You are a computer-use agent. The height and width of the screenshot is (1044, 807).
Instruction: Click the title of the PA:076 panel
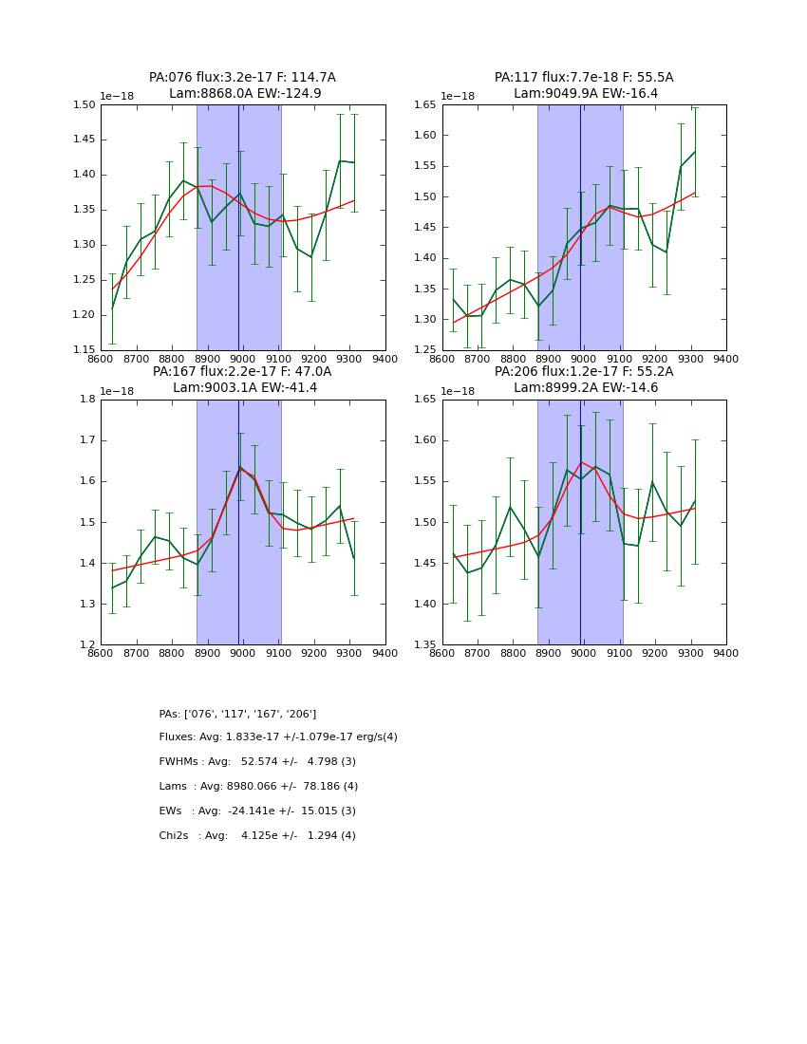[242, 78]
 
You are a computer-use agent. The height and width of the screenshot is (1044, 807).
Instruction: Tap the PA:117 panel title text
[584, 78]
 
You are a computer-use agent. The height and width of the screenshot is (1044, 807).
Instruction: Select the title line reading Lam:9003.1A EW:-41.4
[242, 388]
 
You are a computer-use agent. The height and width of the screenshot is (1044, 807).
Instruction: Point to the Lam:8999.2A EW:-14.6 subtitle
[584, 388]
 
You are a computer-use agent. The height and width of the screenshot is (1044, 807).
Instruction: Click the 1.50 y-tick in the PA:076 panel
[85, 104]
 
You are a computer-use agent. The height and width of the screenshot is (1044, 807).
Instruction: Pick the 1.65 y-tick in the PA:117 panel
[426, 104]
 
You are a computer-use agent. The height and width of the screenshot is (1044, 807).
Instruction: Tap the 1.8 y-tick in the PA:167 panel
[88, 400]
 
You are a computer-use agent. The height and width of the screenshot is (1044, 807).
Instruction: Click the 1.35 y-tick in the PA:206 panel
[426, 645]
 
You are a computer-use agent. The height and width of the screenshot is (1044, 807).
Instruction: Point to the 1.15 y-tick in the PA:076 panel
[85, 350]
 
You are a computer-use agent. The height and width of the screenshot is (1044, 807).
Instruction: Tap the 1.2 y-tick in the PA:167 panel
[88, 645]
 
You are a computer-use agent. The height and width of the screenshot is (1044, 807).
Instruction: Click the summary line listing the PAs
[237, 714]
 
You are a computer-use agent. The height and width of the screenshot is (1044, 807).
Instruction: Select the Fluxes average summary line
[278, 737]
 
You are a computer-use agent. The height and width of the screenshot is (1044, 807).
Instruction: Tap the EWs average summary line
[257, 811]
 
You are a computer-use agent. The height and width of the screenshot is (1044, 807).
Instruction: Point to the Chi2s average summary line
[257, 836]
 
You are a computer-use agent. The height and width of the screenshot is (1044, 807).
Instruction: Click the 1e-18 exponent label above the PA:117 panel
[458, 97]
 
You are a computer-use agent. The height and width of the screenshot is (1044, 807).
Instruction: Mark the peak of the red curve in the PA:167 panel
[239, 468]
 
